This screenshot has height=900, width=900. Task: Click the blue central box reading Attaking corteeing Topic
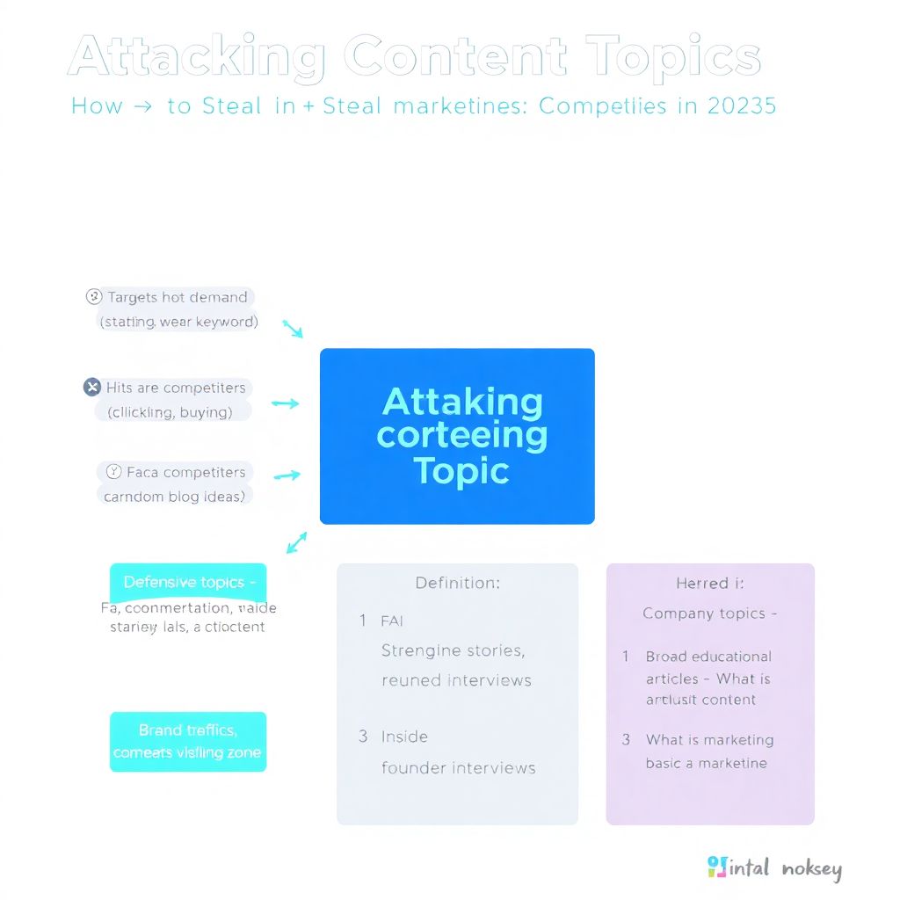(457, 436)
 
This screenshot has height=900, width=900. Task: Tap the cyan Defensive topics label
(188, 582)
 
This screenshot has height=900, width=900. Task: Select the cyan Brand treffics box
(188, 742)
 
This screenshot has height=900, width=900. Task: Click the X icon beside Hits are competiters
(92, 388)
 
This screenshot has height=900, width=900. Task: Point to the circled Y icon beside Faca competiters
(113, 472)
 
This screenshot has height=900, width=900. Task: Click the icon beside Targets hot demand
(94, 297)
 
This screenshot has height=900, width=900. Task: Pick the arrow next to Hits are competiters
(286, 403)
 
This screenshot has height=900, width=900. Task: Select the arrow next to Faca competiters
(287, 475)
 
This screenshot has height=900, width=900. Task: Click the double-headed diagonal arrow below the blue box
(297, 542)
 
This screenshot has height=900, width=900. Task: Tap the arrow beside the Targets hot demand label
(293, 329)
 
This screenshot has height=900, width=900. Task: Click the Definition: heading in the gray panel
(457, 583)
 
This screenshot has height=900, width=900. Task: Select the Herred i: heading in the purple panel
(702, 583)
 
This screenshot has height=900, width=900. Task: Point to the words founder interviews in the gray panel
(458, 768)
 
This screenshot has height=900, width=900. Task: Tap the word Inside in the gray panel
(404, 737)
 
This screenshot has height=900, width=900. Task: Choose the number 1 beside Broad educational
(626, 657)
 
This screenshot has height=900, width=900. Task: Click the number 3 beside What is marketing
(626, 740)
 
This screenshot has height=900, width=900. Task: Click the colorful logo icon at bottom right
(717, 867)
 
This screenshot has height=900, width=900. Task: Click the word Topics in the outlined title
(673, 58)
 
